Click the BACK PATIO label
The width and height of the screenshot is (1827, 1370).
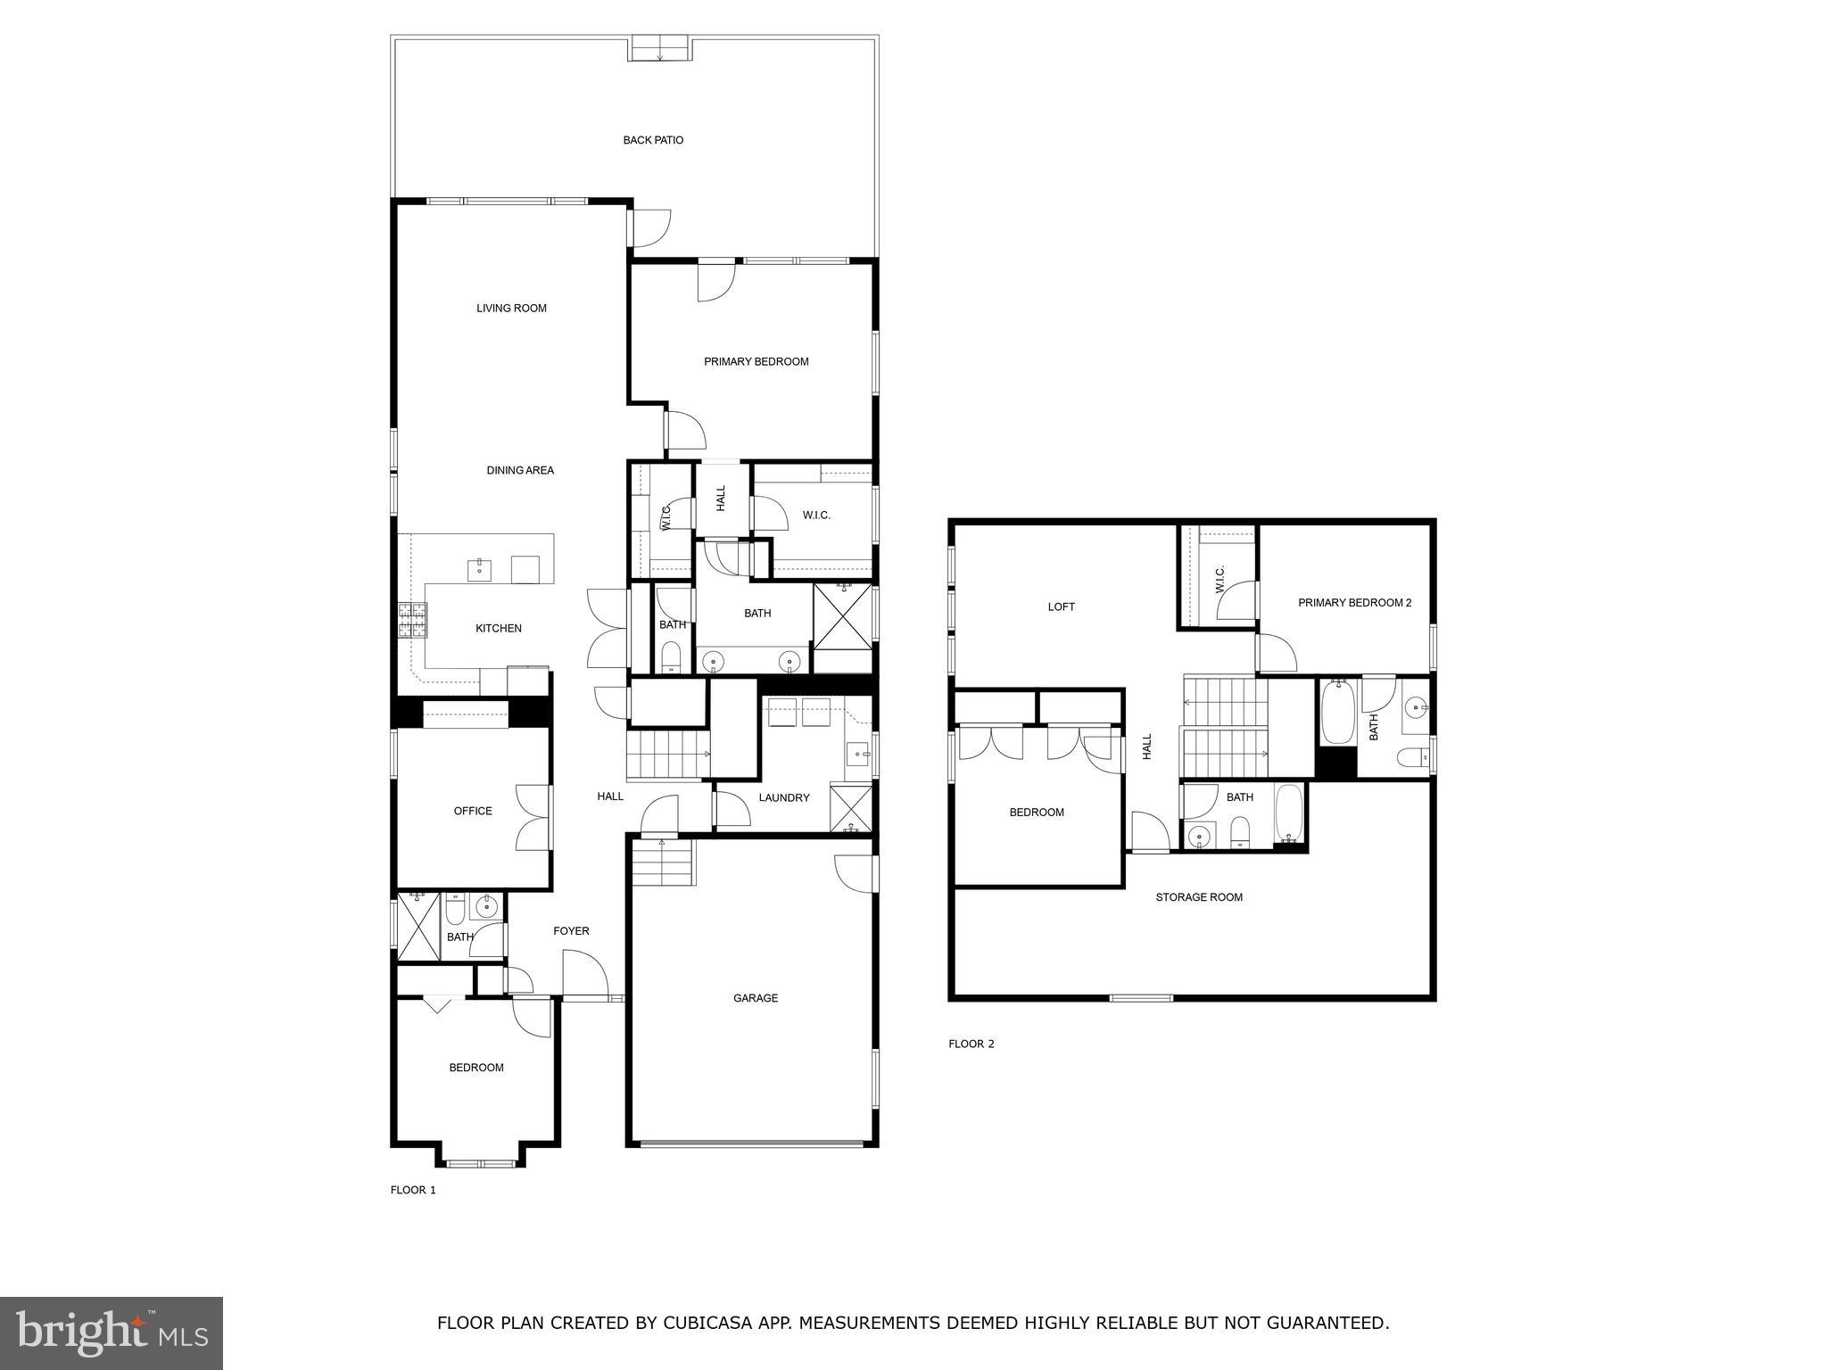653,140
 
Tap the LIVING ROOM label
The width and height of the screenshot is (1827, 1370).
511,309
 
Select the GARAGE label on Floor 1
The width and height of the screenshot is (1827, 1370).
755,998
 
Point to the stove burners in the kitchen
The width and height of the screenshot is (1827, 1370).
412,620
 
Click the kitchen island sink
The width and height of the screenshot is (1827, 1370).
480,569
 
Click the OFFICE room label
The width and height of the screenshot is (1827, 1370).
473,811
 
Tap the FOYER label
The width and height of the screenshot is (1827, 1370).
571,931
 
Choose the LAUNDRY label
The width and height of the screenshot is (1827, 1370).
784,797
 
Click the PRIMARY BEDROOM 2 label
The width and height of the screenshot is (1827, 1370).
1354,603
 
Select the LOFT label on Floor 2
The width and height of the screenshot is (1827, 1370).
1061,607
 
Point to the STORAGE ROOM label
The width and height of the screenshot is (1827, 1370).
1199,897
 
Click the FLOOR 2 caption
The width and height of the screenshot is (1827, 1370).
971,1044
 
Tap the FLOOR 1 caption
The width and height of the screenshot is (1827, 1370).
413,1190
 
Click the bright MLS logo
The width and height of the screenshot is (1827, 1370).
112,1333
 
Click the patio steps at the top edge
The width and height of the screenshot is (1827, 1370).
660,48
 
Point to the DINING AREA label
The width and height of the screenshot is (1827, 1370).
520,470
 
